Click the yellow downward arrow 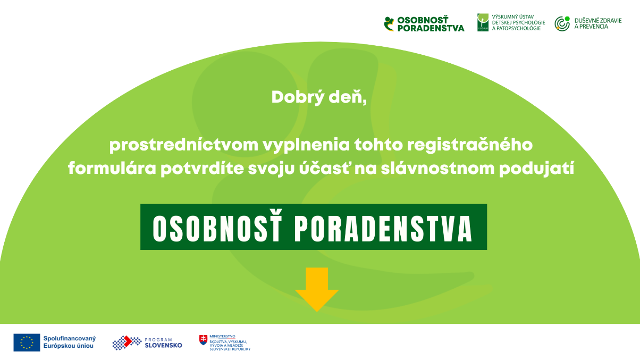317,289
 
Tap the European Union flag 27,342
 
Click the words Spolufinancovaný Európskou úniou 70,342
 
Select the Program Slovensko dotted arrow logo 127,342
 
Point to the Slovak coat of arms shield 203,340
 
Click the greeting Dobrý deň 319,97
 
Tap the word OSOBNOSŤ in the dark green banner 217,228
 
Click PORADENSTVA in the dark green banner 383,229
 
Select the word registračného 470,145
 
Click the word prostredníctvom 184,145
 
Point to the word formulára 112,168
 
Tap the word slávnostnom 437,168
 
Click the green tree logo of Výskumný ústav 483,22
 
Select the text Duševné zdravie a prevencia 597,23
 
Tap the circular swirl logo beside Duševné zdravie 562,23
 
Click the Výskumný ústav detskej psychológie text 518,22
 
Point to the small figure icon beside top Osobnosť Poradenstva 389,24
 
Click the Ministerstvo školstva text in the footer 230,342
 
